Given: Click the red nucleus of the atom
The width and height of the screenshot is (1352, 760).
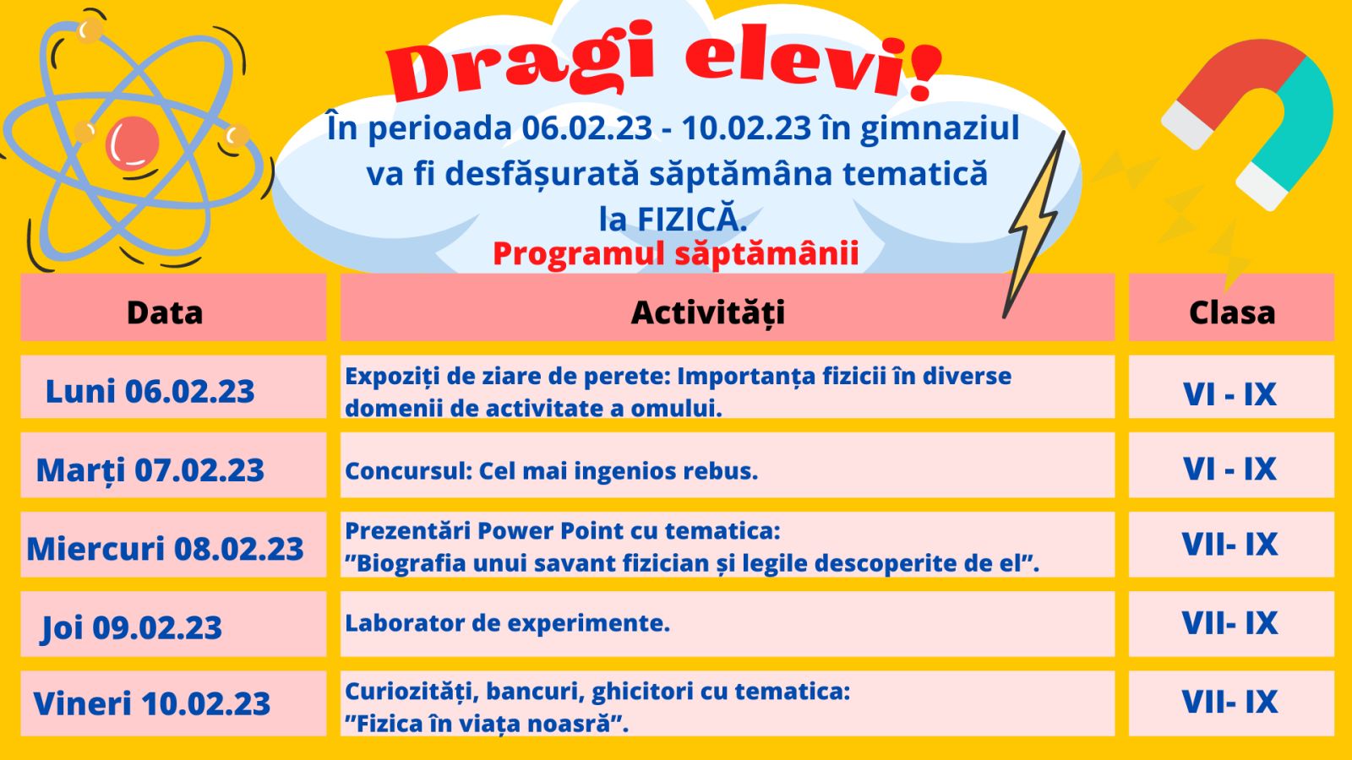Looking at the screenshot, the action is [132, 144].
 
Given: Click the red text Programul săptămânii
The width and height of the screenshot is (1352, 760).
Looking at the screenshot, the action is [675, 254].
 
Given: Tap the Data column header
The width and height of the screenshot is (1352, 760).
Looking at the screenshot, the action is [165, 312].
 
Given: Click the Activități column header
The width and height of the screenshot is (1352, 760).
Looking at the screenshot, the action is [708, 313].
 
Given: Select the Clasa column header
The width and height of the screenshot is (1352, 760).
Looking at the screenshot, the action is [1232, 312].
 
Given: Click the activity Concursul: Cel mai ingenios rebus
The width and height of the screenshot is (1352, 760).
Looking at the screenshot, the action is [551, 470].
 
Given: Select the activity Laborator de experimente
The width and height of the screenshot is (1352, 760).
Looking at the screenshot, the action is [508, 623].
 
